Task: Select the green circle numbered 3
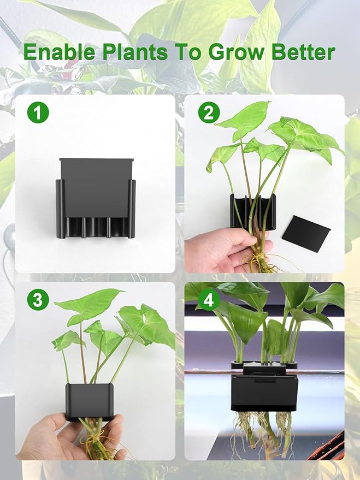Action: (x=38, y=299)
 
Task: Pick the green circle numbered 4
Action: (x=209, y=299)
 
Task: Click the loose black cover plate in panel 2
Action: (x=305, y=233)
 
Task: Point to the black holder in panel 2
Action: (x=252, y=210)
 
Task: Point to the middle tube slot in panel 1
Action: (x=96, y=227)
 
